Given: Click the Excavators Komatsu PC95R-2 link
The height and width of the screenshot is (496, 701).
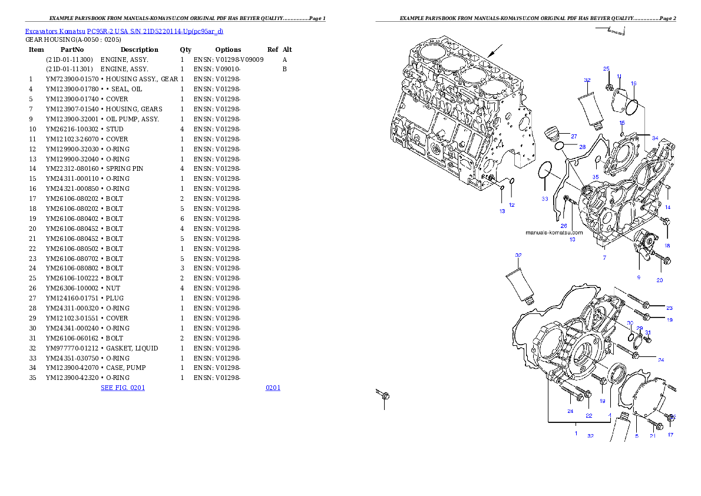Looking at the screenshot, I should coord(124,31).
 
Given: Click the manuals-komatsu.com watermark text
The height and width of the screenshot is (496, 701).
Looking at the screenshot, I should coord(554,232).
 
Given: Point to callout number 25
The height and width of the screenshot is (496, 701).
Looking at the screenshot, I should coord(606,69).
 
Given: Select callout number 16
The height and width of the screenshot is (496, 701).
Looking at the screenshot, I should coord(633,84).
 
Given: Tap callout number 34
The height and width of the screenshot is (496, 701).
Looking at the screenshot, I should coord(655,137).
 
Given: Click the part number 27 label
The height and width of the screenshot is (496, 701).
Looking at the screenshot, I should coord(574,136).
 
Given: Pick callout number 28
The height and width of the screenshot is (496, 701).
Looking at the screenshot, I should coord(582,147).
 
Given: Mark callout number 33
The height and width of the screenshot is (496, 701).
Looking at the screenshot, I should coord(545,199).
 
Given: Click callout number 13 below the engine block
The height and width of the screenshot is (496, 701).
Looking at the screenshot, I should coord(502,211).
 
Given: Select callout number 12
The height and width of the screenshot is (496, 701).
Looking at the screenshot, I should coord(512,205).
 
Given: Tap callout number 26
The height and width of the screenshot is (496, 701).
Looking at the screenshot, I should coord(564,226).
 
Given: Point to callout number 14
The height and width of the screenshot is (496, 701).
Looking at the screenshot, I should coord(667,207).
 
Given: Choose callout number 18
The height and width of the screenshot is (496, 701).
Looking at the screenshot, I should coord(667,245).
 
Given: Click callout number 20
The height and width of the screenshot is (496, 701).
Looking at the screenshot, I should coord(660,280).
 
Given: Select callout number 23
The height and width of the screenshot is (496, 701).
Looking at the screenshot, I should coord(669,308).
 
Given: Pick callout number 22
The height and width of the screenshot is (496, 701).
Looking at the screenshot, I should coord(588,415).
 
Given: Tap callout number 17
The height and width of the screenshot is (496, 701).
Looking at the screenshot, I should coord(670,435).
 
